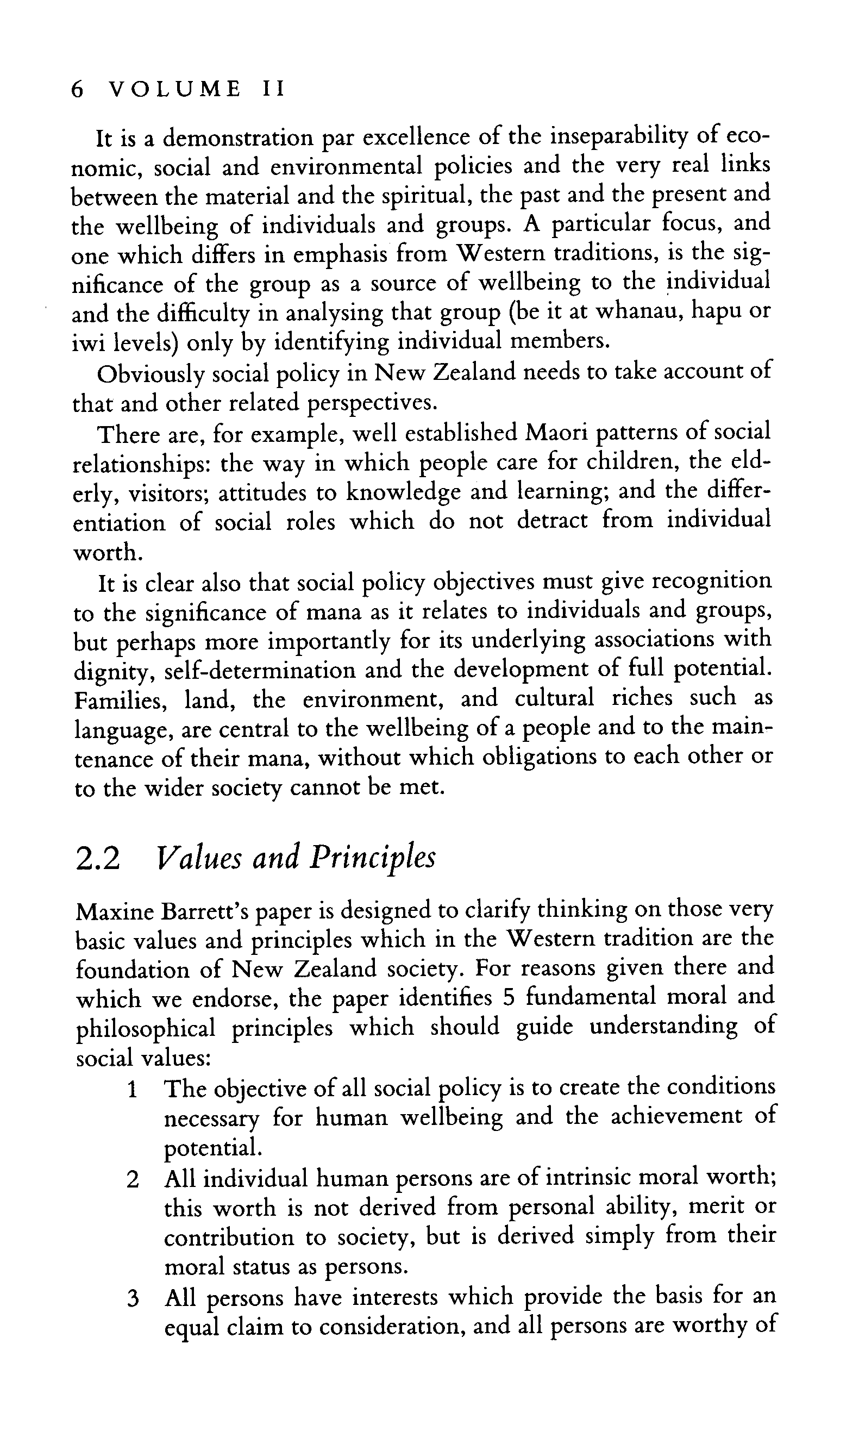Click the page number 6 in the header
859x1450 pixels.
78,90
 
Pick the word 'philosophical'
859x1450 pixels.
145,1029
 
